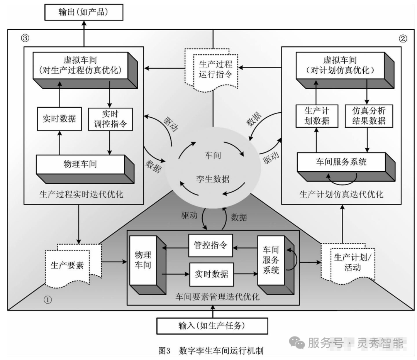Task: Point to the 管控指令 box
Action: pyautogui.click(x=210, y=246)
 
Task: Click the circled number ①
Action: pyautogui.click(x=47, y=299)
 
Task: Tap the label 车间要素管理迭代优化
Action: pyautogui.click(x=218, y=297)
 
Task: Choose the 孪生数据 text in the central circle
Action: pyautogui.click(x=212, y=179)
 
